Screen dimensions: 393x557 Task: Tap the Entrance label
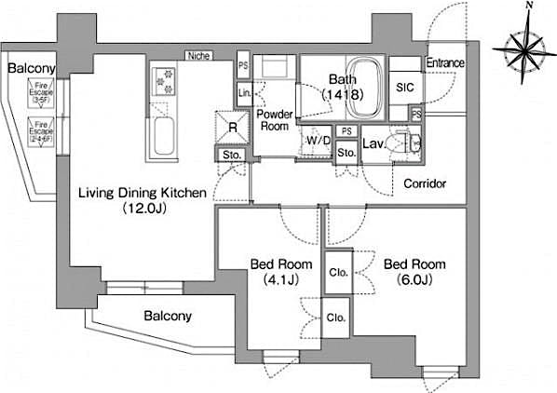(x=445, y=63)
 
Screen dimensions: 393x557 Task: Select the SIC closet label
(x=404, y=88)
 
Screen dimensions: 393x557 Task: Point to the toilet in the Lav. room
(x=407, y=144)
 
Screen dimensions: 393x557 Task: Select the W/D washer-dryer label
(x=318, y=142)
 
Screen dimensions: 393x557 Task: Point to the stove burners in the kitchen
(x=164, y=82)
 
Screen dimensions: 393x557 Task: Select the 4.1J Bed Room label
(x=275, y=271)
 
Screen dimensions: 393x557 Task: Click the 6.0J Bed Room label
(x=409, y=271)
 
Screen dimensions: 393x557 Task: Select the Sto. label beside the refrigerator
(x=230, y=155)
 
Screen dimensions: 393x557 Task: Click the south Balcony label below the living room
(x=168, y=316)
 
